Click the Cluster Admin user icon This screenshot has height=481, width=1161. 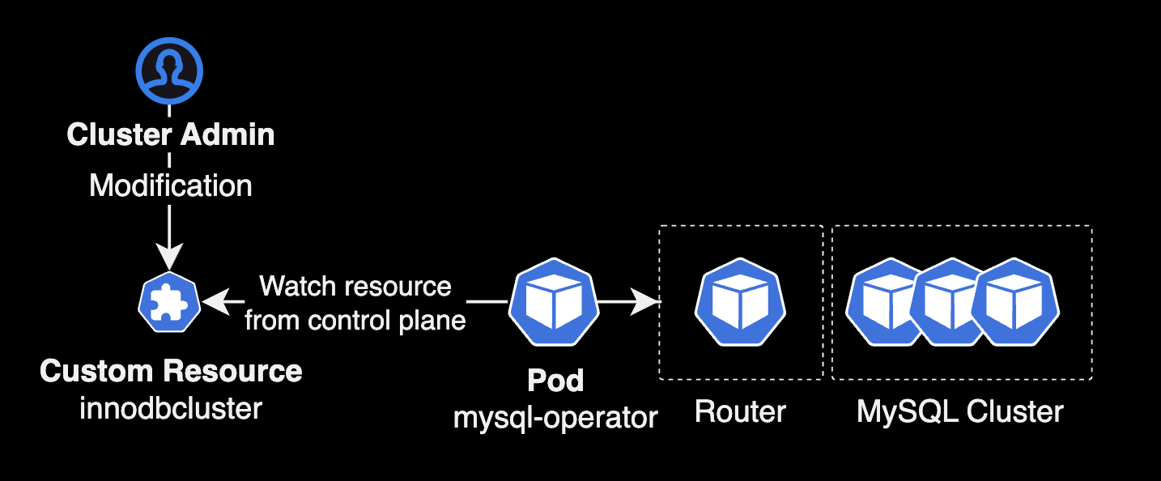[169, 70]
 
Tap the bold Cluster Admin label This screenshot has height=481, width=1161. [171, 134]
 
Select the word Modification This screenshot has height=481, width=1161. [171, 185]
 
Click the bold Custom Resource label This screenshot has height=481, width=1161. [171, 371]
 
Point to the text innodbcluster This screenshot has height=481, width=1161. [171, 408]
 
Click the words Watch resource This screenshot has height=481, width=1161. [355, 286]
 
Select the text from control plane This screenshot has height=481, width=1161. [355, 320]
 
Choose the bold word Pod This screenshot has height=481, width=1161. [555, 380]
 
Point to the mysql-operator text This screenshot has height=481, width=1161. [555, 418]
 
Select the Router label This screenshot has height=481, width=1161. [740, 412]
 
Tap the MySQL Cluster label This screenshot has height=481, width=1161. [960, 412]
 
